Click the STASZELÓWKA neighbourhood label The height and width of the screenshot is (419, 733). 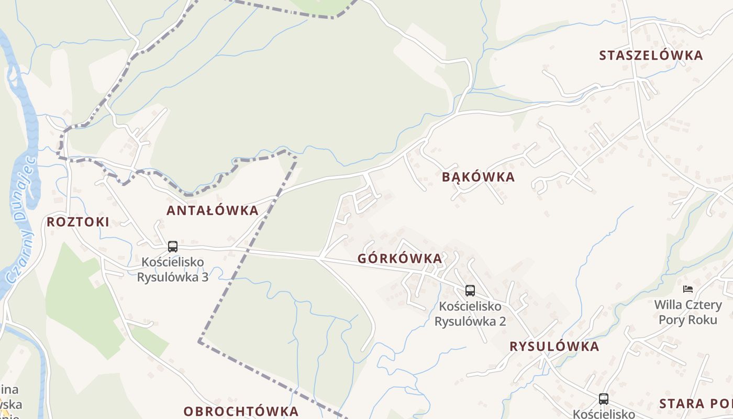651,56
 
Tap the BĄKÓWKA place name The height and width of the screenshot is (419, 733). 478,177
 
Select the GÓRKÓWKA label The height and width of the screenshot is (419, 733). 399,258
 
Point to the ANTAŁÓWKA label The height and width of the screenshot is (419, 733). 212,211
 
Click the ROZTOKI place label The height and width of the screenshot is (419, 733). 78,222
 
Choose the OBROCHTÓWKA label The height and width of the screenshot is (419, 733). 241,411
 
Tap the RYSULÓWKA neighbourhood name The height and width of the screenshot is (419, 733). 554,347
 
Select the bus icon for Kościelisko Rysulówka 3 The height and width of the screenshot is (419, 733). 172,247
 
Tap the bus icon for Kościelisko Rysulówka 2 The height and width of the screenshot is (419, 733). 470,291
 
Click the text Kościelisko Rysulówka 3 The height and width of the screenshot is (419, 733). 172,269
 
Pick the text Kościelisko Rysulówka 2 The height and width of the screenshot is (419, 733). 470,313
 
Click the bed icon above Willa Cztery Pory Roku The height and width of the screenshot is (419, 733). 687,289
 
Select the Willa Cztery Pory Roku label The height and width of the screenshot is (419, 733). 687,312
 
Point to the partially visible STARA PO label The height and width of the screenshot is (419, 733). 695,404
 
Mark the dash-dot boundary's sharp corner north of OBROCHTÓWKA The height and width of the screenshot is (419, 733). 199,341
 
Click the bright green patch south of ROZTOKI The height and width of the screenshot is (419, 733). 84,304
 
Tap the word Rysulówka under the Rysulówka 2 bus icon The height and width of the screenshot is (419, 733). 470,321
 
